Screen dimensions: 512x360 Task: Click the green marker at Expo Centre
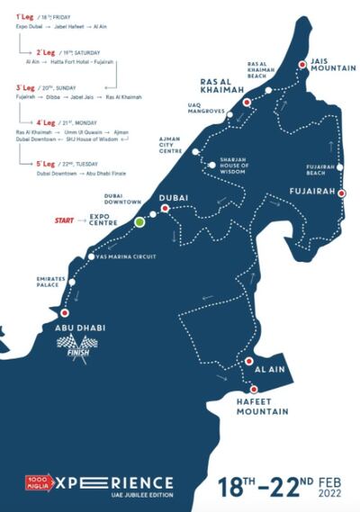139,220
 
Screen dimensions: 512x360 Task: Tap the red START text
66,220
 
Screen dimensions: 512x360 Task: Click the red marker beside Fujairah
341,193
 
